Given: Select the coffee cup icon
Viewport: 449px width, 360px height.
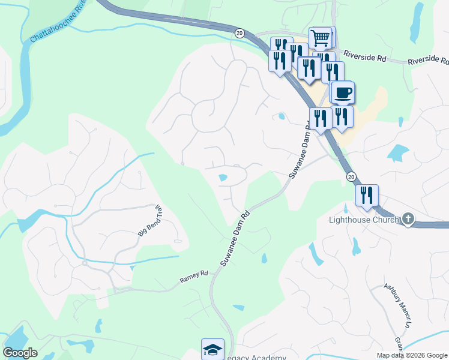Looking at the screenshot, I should pyautogui.click(x=343, y=93).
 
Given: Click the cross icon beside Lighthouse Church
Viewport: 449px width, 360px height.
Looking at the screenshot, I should pyautogui.click(x=408, y=219).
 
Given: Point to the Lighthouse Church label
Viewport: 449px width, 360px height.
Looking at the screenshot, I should pyautogui.click(x=363, y=220).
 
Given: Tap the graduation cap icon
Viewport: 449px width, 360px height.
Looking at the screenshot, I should pyautogui.click(x=212, y=350).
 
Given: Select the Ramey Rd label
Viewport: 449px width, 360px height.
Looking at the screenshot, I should pyautogui.click(x=193, y=277).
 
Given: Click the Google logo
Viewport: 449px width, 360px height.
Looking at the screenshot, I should pyautogui.click(x=20, y=353).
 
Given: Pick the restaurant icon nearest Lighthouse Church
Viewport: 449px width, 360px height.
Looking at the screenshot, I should pyautogui.click(x=366, y=195).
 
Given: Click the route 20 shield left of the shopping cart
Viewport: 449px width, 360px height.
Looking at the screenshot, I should pyautogui.click(x=240, y=33).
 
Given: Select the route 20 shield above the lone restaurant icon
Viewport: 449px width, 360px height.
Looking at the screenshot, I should pyautogui.click(x=351, y=176).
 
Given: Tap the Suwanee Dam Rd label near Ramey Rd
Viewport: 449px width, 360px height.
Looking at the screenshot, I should pyautogui.click(x=235, y=238).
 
